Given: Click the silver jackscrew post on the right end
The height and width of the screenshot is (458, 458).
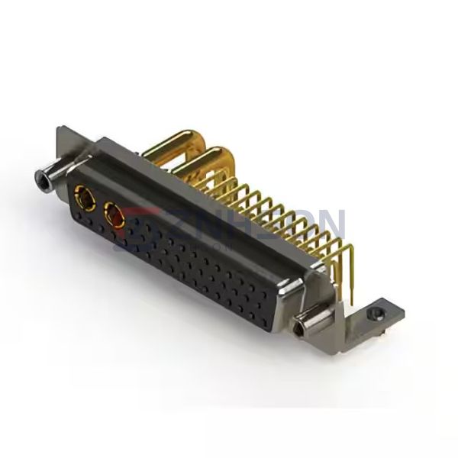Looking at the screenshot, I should tap(308, 325).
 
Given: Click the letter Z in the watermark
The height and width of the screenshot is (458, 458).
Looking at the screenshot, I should tap(190, 222).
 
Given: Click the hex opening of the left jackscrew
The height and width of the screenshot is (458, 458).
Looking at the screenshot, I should tap(39, 180).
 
